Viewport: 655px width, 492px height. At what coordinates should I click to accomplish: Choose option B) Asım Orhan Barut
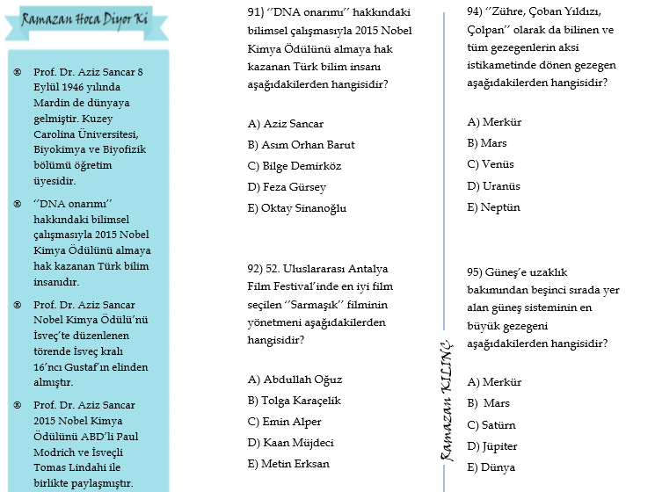tap(302, 145)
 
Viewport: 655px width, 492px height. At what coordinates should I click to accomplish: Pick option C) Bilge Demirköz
tap(295, 166)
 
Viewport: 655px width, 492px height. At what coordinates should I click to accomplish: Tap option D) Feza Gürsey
tap(287, 187)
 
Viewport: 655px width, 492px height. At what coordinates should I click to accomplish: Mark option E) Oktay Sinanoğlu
tap(297, 208)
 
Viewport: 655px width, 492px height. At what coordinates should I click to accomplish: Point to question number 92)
tap(257, 269)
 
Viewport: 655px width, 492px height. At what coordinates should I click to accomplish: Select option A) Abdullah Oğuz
tap(295, 380)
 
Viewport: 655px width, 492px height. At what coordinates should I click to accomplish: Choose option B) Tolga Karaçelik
tap(295, 401)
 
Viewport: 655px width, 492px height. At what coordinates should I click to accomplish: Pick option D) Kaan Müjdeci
tap(291, 443)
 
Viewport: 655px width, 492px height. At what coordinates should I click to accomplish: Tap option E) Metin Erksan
tap(288, 464)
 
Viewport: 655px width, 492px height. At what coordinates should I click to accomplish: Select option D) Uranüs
tap(494, 186)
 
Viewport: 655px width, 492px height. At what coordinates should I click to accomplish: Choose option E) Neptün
tap(494, 207)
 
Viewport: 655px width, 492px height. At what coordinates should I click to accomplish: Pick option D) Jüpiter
tap(492, 446)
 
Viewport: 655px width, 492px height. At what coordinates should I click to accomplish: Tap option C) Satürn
tap(492, 425)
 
